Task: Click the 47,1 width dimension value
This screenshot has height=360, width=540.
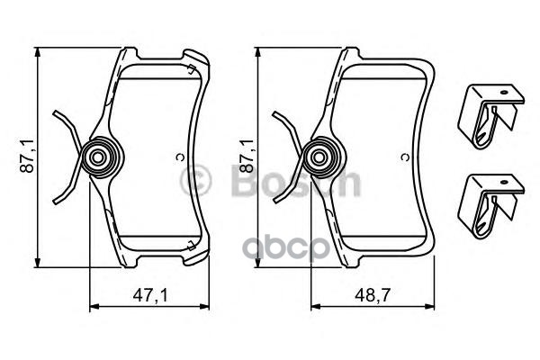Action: (x=150, y=295)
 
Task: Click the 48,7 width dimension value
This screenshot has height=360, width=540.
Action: (x=373, y=295)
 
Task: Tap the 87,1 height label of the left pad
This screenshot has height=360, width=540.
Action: (x=27, y=156)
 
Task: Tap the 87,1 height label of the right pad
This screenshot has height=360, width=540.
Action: (x=247, y=156)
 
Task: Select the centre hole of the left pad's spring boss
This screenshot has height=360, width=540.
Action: (x=98, y=158)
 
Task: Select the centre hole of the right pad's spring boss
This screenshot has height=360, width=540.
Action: (x=319, y=158)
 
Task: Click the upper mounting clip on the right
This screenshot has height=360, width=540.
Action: (x=490, y=116)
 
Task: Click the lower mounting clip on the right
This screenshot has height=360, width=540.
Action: (x=490, y=206)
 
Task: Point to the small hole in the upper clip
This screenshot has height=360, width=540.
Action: (x=505, y=93)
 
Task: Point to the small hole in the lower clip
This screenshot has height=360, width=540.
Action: (x=505, y=182)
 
